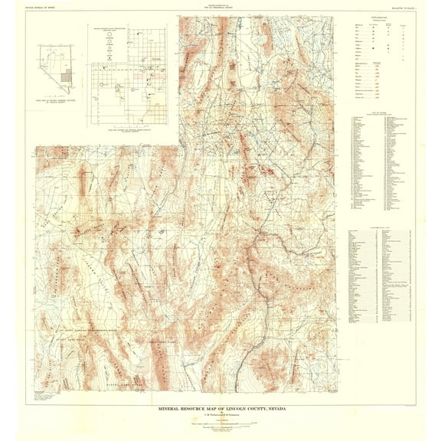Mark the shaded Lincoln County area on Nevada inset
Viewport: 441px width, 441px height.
[67, 76]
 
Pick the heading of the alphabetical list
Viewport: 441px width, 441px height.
[379, 228]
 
